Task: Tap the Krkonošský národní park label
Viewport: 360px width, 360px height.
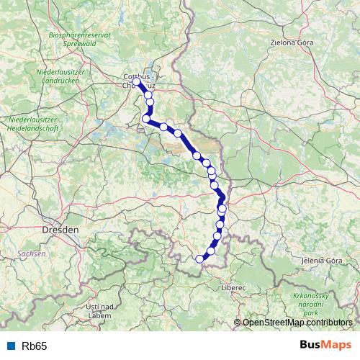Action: coord(310,305)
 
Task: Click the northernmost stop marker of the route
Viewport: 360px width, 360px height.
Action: coord(136,82)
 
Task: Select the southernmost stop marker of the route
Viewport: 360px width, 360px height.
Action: coord(200,259)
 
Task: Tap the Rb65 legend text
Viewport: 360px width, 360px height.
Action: coord(35,346)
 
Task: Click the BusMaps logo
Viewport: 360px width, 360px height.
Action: coord(325,346)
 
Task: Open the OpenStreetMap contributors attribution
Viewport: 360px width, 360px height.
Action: coord(297,323)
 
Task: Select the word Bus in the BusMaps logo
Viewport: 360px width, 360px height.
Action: coord(312,346)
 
